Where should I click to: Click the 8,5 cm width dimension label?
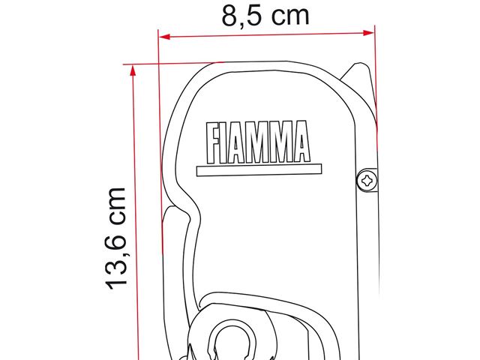pyautogui.click(x=265, y=16)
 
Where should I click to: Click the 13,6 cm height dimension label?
pyautogui.click(x=116, y=238)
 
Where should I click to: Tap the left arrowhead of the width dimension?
pyautogui.click(x=165, y=37)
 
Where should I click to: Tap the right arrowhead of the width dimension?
pyautogui.click(x=368, y=33)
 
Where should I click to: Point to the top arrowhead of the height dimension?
pyautogui.click(x=133, y=70)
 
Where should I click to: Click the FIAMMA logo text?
pyautogui.click(x=258, y=142)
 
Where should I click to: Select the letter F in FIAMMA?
pyautogui.click(x=213, y=143)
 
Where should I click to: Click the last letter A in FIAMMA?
pyautogui.click(x=301, y=141)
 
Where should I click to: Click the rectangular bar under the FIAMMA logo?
pyautogui.click(x=259, y=170)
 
